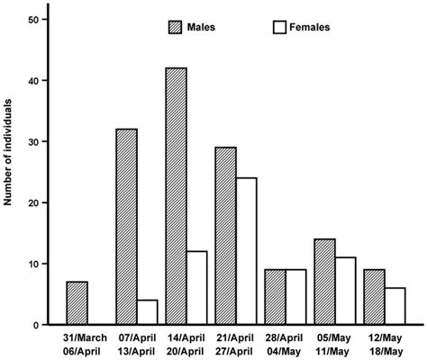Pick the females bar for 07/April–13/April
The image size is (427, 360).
149,312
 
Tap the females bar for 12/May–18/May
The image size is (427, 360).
395,306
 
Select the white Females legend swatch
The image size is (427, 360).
280,27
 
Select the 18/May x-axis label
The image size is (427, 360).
386,350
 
